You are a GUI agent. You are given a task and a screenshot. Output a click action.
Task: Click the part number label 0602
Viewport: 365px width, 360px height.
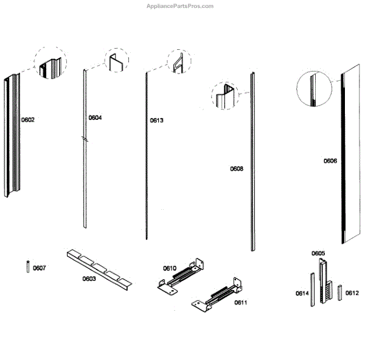pyautogui.click(x=28, y=120)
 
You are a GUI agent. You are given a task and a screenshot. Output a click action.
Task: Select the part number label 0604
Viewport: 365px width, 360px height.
pyautogui.click(x=96, y=117)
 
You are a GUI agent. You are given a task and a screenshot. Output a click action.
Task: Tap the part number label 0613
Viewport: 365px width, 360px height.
pyautogui.click(x=156, y=120)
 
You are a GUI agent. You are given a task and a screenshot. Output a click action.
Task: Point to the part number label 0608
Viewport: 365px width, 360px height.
pyautogui.click(x=237, y=168)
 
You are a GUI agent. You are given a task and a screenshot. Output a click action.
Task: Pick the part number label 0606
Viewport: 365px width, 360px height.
pyautogui.click(x=330, y=161)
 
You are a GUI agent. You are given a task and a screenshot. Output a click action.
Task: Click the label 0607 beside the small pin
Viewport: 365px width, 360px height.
pyautogui.click(x=39, y=268)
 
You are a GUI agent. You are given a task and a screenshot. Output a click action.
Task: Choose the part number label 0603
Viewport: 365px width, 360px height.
pyautogui.click(x=89, y=279)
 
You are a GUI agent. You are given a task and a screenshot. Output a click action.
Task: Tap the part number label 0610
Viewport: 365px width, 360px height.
pyautogui.click(x=169, y=268)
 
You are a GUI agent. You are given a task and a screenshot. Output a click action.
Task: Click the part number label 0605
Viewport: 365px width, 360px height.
pyautogui.click(x=318, y=253)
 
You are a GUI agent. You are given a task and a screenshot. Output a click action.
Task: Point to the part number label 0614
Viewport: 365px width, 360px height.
pyautogui.click(x=302, y=294)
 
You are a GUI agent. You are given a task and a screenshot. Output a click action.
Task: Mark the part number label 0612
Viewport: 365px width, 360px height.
pyautogui.click(x=352, y=292)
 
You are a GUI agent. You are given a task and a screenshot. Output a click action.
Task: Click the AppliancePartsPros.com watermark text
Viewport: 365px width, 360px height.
pyautogui.click(x=180, y=6)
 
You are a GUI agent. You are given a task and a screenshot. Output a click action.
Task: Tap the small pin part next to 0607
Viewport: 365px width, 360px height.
pyautogui.click(x=28, y=267)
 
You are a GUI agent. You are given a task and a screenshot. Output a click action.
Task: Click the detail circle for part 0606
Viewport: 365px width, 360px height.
pyautogui.click(x=315, y=88)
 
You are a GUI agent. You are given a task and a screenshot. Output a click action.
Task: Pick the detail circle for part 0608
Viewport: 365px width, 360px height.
pyautogui.click(x=226, y=97)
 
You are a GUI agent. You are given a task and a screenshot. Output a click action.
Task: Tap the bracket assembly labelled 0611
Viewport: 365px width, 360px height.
pyautogui.click(x=216, y=297)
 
